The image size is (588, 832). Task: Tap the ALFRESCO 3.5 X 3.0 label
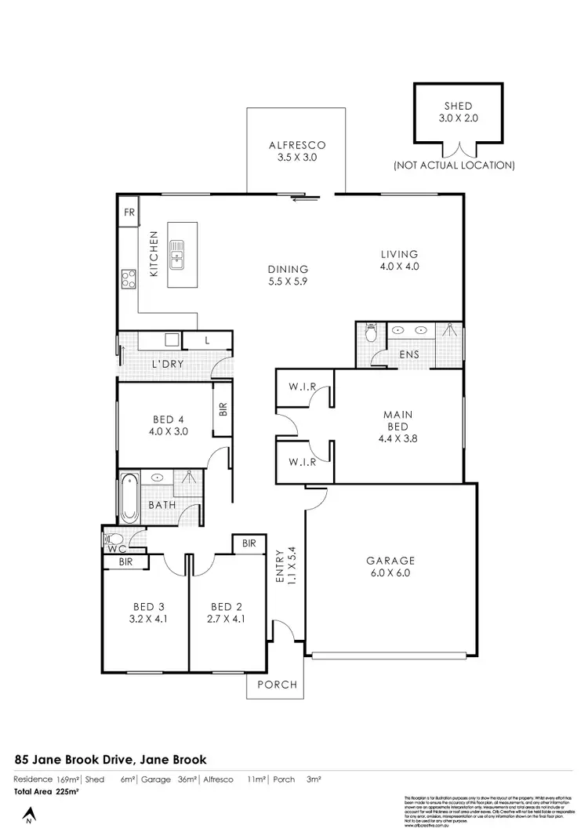[x=296, y=151]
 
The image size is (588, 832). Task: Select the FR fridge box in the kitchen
[x=129, y=213]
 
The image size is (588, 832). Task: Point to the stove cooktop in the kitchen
[x=128, y=277]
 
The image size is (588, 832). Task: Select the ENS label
[x=408, y=354]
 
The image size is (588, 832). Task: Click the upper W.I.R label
[x=302, y=386]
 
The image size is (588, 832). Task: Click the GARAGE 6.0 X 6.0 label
[x=390, y=566]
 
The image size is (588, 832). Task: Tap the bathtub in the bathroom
[x=129, y=499]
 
